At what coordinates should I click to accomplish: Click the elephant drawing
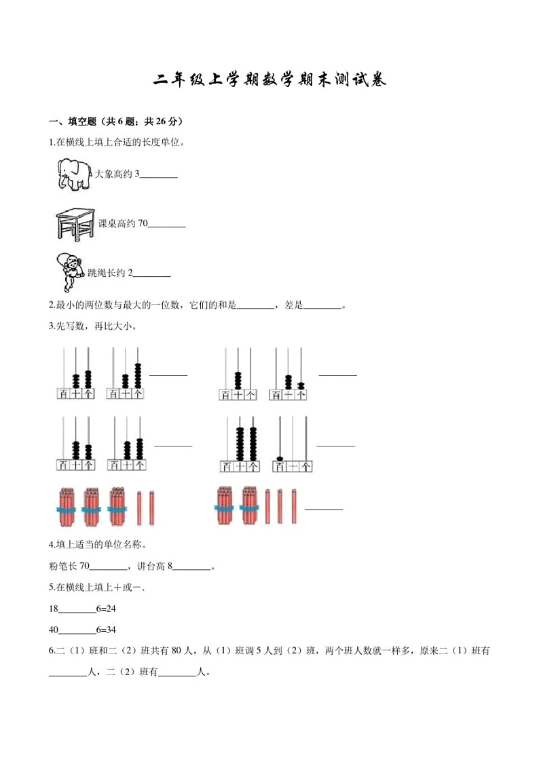point(73,174)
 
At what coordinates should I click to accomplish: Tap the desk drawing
point(75,224)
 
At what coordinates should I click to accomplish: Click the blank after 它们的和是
point(255,306)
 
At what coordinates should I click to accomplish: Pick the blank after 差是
point(322,306)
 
